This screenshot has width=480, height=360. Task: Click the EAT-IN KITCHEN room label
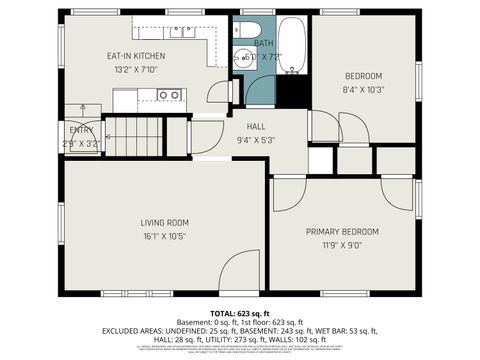[x=137, y=56]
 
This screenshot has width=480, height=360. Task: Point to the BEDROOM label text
[x=363, y=77]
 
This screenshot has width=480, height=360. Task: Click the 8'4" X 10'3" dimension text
[x=363, y=91]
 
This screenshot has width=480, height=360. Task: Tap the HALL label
[x=257, y=126]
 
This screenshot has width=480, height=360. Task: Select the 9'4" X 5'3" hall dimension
[x=257, y=140]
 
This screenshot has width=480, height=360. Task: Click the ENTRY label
[x=80, y=130]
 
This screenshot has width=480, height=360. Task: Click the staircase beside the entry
[x=134, y=136]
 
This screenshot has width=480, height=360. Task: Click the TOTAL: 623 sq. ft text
[x=240, y=313]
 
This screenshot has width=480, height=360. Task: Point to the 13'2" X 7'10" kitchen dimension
[x=137, y=70]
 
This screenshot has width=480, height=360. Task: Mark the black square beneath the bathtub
[x=293, y=93]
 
